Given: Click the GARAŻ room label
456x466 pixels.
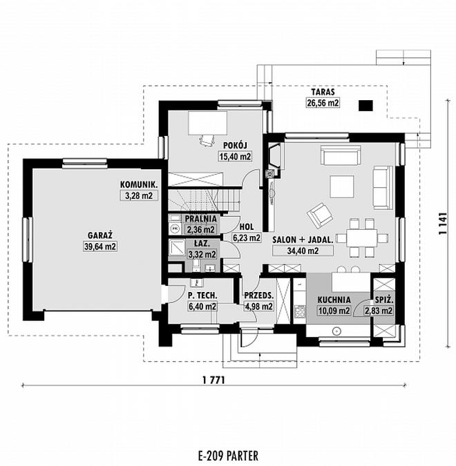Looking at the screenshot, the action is point(100,235).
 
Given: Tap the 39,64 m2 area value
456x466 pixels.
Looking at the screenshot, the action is point(100,246).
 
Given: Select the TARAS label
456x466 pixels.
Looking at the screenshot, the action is point(323,92).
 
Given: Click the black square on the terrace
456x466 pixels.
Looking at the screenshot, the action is point(365,106).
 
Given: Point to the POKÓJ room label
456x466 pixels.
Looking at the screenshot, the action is point(235,146).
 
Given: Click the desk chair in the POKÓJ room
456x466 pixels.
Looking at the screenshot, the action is point(207,139).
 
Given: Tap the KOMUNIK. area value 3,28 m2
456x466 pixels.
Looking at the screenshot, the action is point(139,195).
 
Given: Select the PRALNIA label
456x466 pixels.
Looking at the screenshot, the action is point(201,219).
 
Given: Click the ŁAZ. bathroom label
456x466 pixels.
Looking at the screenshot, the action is point(202,244).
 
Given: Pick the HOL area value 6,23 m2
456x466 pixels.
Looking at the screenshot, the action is point(247,237).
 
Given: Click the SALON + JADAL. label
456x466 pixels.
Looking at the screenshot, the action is point(303,240).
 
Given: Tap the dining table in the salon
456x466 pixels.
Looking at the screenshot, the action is point(362,237).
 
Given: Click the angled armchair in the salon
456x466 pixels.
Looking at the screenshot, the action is point(320,215).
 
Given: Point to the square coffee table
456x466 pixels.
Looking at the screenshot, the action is point(342,186).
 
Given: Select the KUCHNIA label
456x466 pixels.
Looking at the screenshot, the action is point(334,300).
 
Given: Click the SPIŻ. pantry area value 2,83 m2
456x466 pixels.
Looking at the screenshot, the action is point(379,311).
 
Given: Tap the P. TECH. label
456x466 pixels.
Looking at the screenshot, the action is point(202,295).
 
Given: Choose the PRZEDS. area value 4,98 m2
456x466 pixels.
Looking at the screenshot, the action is point(258,307).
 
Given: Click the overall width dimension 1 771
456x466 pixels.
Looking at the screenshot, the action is point(213,380).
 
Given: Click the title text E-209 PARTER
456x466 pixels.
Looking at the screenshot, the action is point(228,456).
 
